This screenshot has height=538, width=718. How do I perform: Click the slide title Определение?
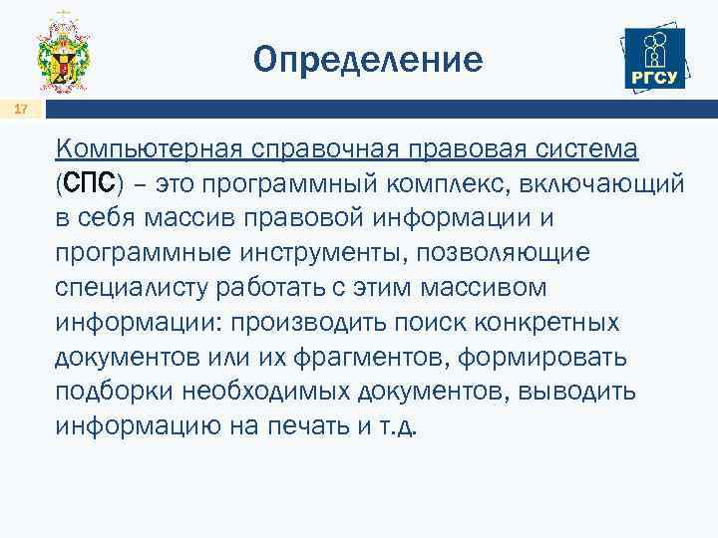(x=368, y=60)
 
